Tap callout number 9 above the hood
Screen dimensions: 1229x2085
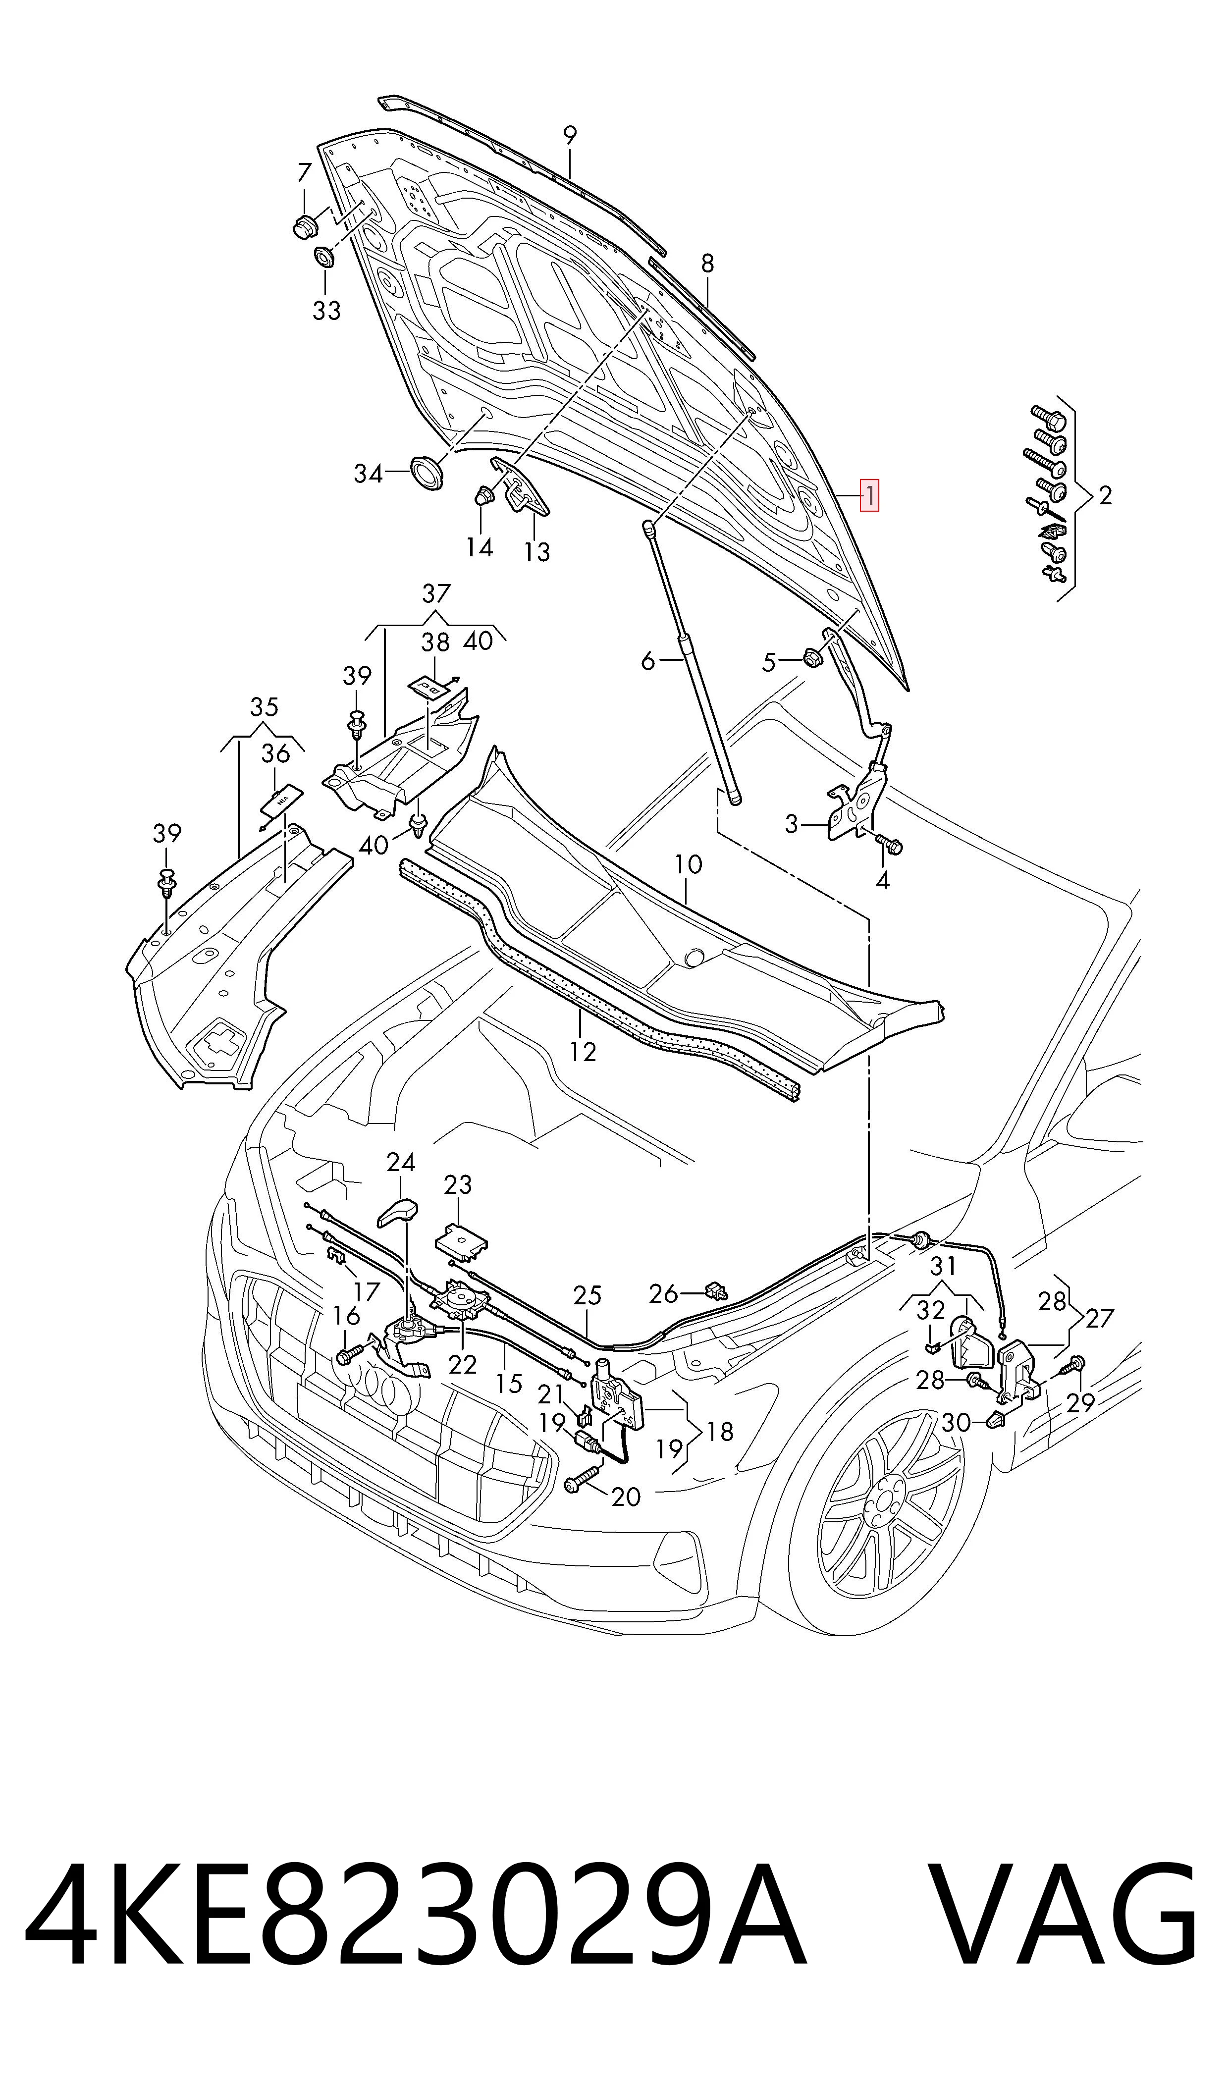click(570, 135)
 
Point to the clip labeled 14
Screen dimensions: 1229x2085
click(483, 496)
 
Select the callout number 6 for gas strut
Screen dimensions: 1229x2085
click(647, 661)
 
